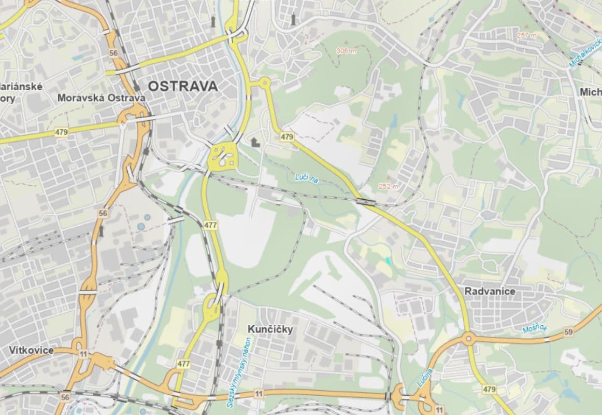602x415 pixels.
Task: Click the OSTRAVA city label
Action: point(183,86)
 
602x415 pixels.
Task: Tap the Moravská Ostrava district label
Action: point(101,98)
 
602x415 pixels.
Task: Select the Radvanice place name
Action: point(490,292)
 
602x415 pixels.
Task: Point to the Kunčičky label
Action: point(270,329)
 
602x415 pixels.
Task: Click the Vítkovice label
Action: point(31,350)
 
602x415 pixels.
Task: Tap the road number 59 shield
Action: point(569,331)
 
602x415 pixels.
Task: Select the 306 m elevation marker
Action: point(346,50)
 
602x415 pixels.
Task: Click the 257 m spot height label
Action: point(526,35)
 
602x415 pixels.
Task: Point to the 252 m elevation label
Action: point(388,186)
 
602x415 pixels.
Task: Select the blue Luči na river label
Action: point(306,178)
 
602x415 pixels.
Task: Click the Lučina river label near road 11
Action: point(424,378)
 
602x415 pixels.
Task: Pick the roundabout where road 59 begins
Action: point(468,340)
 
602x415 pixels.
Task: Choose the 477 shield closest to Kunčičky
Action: point(183,364)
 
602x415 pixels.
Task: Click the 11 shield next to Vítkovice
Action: point(83,353)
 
